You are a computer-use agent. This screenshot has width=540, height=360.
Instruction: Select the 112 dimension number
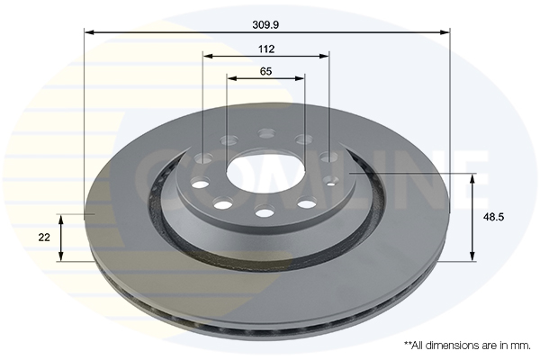[265, 49]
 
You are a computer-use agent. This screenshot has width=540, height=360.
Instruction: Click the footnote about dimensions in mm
[466, 345]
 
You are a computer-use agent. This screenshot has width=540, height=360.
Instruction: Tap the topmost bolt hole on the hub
[266, 133]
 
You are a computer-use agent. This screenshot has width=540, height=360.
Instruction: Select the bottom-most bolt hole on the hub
[265, 212]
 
